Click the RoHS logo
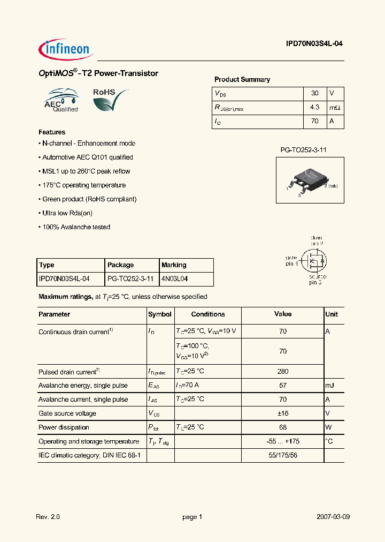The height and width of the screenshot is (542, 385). [x=110, y=99]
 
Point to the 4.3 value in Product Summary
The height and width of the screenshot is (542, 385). [x=314, y=107]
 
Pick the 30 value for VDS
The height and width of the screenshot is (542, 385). [x=314, y=93]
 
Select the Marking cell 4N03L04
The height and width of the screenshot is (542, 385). [x=175, y=279]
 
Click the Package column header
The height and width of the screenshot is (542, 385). [x=121, y=265]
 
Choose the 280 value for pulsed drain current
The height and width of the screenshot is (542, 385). [x=283, y=371]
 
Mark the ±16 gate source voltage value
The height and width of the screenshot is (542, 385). [x=283, y=413]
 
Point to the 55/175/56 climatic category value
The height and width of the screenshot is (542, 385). [x=283, y=455]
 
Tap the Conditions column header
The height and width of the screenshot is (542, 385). [x=208, y=314]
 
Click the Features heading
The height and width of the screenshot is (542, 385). [x=52, y=132]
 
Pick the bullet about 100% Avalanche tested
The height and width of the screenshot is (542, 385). [x=75, y=227]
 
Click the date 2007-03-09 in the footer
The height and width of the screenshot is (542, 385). [x=333, y=517]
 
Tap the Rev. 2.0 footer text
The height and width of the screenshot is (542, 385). [x=48, y=517]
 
